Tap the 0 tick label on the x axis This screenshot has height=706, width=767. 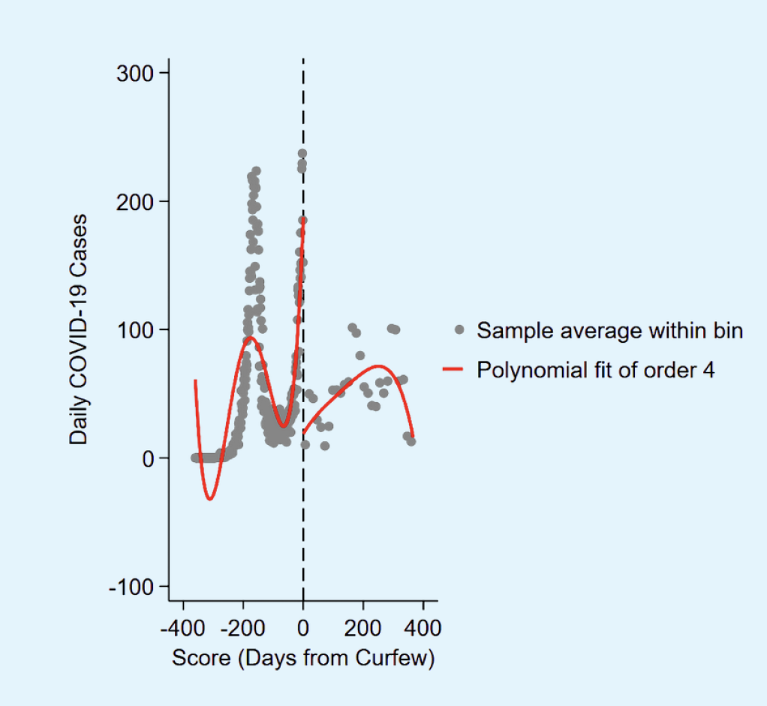303,626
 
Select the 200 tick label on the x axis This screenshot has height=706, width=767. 363,626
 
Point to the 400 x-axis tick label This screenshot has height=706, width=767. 423,626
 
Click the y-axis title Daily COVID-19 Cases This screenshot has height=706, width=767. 79,329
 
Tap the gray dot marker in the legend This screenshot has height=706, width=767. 459,330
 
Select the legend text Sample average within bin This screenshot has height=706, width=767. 609,330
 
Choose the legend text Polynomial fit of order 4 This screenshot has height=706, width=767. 596,369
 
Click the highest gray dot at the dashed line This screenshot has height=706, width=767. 302,154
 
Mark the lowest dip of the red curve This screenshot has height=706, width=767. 210,499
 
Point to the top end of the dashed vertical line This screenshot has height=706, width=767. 303,59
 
